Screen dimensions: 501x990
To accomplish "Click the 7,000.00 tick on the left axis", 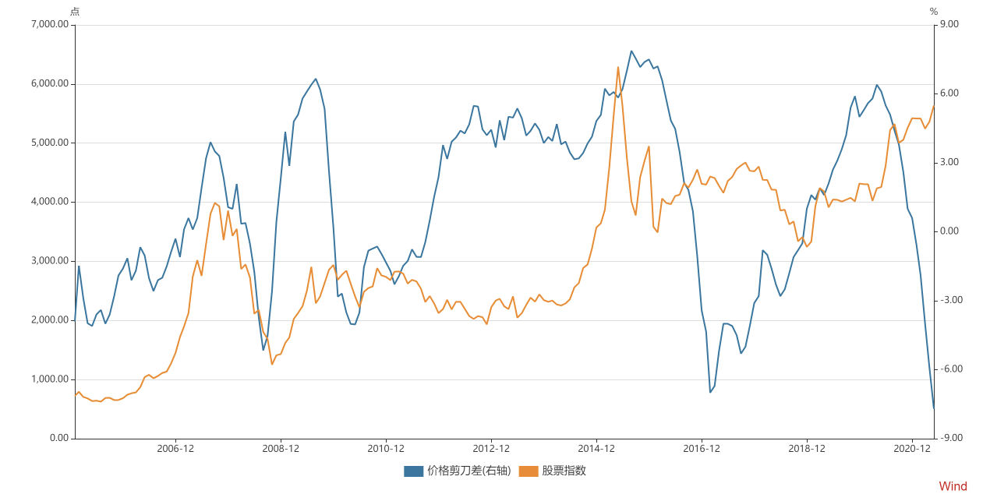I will click(49, 25).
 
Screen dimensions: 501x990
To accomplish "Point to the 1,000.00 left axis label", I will click(49, 379).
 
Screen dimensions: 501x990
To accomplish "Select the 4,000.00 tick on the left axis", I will click(49, 202).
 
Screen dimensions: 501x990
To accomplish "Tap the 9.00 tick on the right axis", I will click(949, 25).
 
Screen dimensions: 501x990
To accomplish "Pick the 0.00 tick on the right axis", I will click(949, 231).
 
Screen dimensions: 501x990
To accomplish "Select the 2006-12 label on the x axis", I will click(175, 449).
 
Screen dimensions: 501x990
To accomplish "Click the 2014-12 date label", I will click(596, 449).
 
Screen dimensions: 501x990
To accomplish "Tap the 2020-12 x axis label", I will click(912, 449).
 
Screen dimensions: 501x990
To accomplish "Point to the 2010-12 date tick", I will click(386, 449).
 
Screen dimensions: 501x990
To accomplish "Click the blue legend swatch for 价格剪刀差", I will click(413, 471).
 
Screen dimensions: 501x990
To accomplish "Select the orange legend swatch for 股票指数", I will click(529, 471).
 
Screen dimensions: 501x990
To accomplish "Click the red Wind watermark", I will click(953, 486).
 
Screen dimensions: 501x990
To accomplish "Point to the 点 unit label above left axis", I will click(75, 11).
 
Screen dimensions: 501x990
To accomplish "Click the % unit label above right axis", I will click(934, 11).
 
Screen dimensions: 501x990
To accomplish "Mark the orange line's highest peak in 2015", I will click(618, 67).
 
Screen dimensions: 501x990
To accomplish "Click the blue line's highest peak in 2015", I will click(631, 51).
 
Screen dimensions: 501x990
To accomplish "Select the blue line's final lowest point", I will click(934, 408).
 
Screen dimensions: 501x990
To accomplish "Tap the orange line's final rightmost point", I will click(934, 106).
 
